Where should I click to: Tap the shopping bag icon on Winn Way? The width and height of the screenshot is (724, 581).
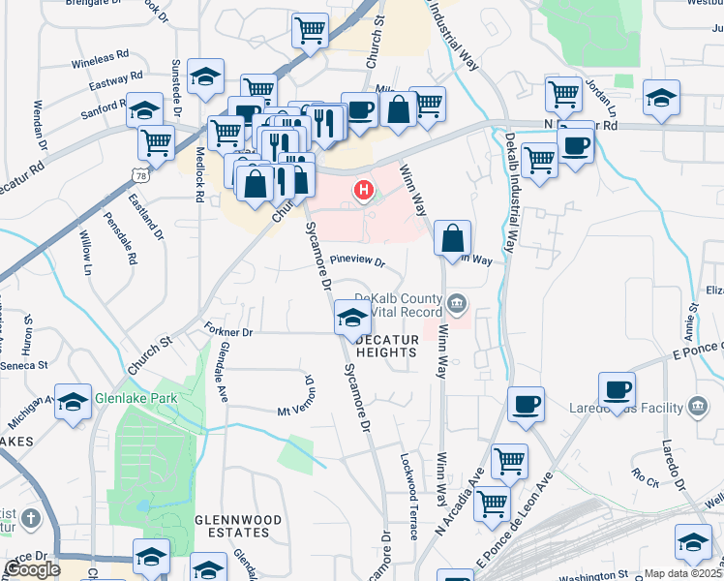[453, 237]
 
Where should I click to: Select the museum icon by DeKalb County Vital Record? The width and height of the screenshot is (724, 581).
[456, 306]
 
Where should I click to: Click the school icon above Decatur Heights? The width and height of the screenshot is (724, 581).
[351, 317]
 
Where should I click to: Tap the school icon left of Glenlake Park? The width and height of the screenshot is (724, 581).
[74, 400]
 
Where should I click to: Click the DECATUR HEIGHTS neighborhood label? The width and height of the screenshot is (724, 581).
[386, 346]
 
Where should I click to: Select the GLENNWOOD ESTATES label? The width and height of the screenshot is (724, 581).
[238, 526]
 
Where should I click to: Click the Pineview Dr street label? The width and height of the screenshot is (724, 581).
[357, 261]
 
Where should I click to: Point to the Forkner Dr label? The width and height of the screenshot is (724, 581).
[227, 331]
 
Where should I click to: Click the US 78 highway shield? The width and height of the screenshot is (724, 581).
[141, 175]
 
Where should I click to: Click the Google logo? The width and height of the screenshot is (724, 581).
[32, 569]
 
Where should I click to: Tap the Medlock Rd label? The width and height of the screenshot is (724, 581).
[198, 179]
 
